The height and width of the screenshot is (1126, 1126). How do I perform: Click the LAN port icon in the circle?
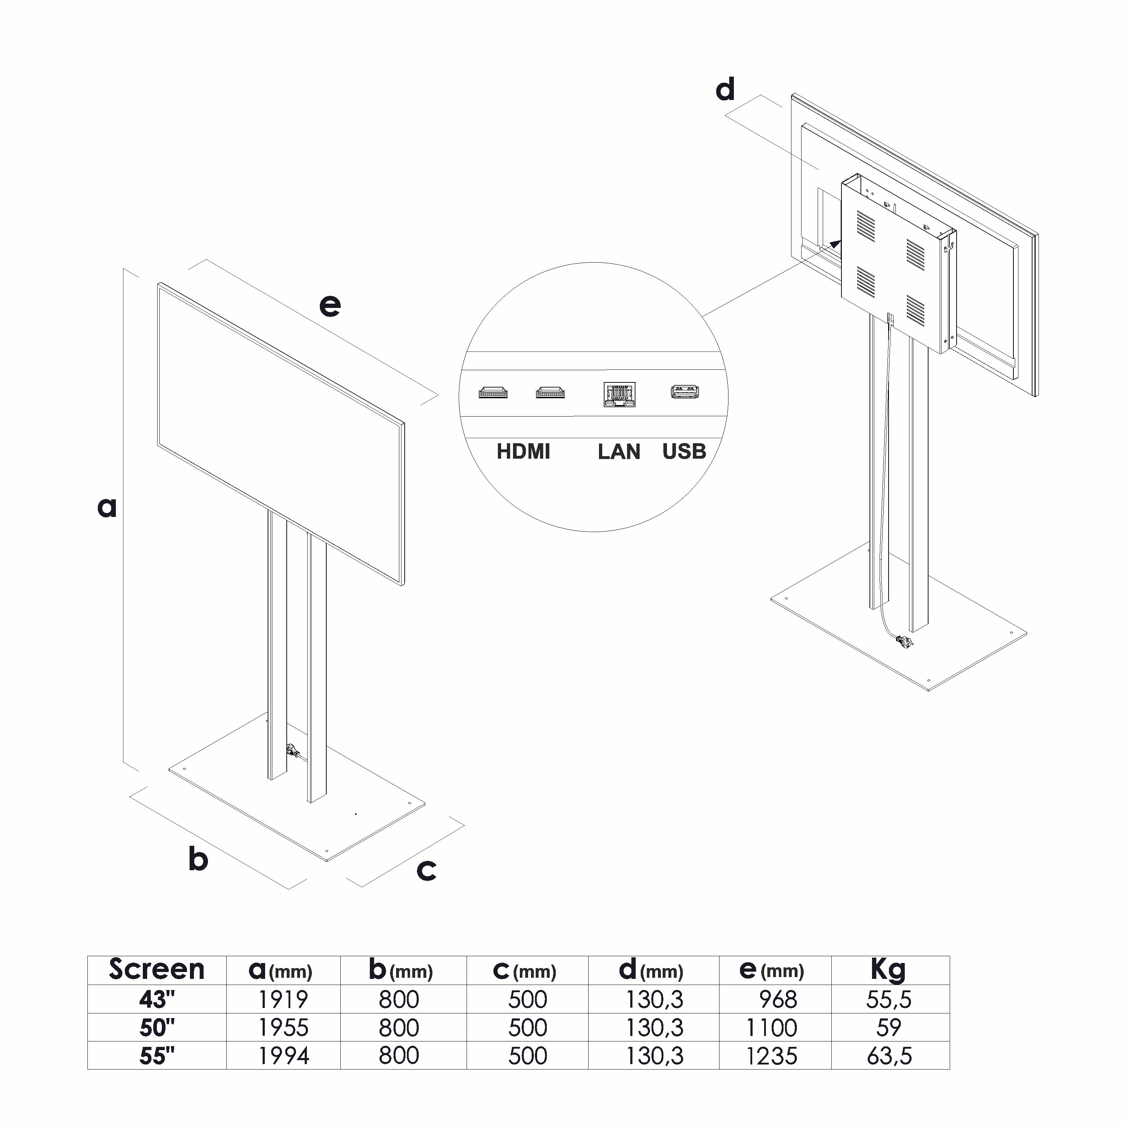click(619, 395)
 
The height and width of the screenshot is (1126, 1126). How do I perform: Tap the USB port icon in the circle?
click(685, 392)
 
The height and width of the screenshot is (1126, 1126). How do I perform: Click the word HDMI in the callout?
click(523, 452)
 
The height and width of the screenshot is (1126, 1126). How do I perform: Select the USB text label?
click(684, 452)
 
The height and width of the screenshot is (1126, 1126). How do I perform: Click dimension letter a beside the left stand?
click(106, 507)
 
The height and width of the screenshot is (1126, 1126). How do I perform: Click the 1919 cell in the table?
click(283, 999)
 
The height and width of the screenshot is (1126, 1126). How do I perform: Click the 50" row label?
click(157, 1027)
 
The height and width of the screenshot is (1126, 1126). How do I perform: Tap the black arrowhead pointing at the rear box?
click(835, 244)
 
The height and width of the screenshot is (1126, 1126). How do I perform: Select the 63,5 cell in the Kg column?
click(889, 1055)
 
